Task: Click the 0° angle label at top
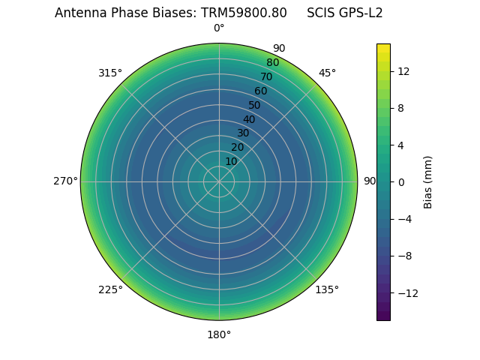point(219,28)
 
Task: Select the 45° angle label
point(327,73)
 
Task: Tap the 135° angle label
point(327,289)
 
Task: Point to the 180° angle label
point(219,334)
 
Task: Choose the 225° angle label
point(110,289)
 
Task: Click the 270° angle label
point(65,181)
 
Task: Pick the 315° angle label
point(110,73)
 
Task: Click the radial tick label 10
point(231,161)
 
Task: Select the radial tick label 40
point(249,119)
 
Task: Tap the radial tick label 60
point(261,91)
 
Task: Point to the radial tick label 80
point(273,62)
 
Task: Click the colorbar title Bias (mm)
point(428,181)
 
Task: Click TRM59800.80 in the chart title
point(244,13)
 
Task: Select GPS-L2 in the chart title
point(361,13)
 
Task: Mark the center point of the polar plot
point(219,181)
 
